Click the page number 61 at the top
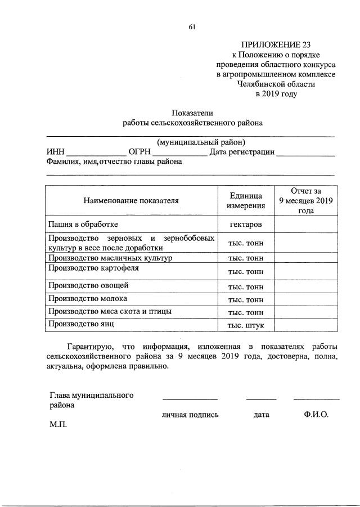[x=192, y=27]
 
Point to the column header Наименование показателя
[x=131, y=200]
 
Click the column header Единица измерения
[x=246, y=200]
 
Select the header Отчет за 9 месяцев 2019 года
[x=307, y=200]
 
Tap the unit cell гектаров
[x=246, y=224]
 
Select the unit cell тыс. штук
[x=246, y=325]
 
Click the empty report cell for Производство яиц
[x=307, y=325]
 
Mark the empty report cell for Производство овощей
[x=307, y=286]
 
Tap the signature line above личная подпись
[x=190, y=398]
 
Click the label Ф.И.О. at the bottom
[x=316, y=415]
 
